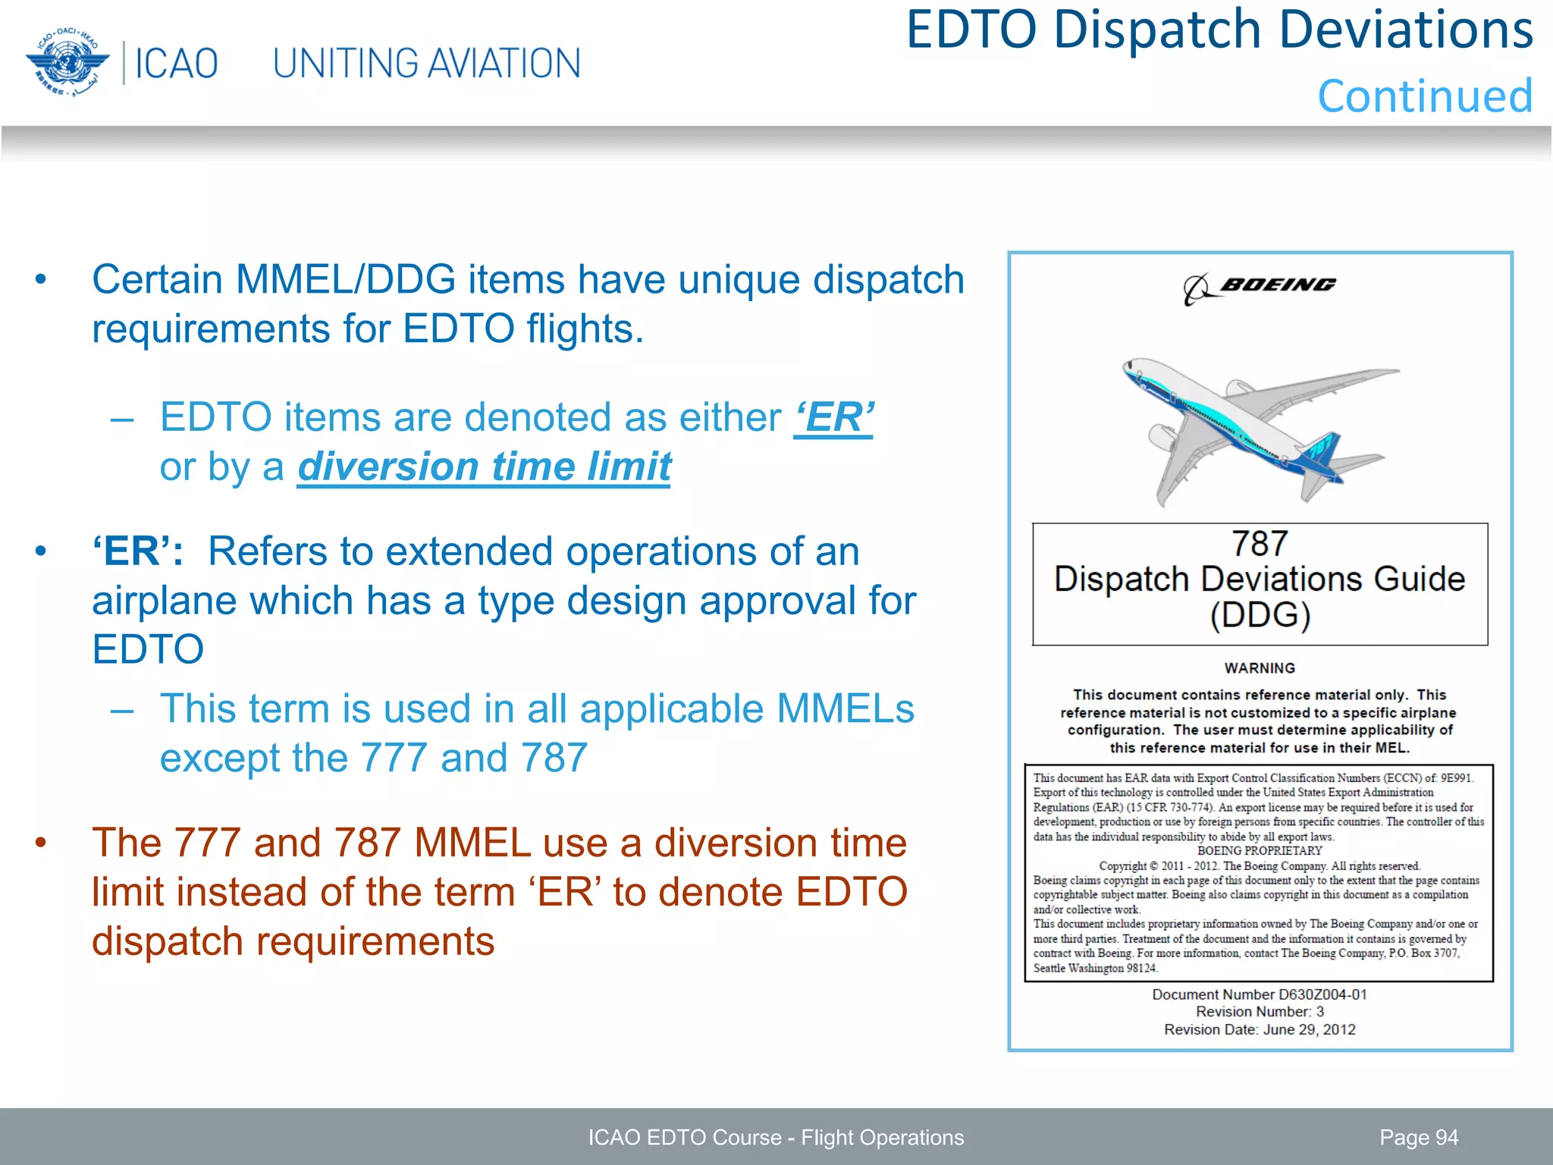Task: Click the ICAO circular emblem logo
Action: (64, 62)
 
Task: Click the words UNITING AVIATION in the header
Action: (427, 64)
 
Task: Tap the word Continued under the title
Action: (1425, 96)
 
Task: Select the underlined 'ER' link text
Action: (834, 418)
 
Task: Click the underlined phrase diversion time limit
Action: (484, 466)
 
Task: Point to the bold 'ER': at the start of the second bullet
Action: (137, 551)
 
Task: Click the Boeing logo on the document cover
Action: (1260, 287)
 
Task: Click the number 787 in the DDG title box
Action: (1260, 543)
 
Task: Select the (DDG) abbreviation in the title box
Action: (1260, 615)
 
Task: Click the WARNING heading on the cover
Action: (1260, 668)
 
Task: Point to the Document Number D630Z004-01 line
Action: (1260, 994)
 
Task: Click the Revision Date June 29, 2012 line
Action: (1260, 1030)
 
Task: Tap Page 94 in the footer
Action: (1419, 1138)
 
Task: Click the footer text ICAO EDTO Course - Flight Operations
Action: (776, 1138)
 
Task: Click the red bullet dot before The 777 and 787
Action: (41, 843)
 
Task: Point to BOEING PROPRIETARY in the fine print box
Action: (1260, 851)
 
